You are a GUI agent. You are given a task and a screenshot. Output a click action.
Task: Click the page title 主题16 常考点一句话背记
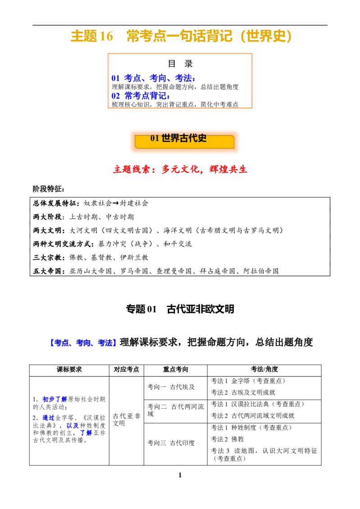[181, 36]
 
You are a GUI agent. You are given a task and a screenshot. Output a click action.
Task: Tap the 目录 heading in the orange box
[180, 64]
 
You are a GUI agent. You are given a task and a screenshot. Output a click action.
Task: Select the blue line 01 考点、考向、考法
[154, 78]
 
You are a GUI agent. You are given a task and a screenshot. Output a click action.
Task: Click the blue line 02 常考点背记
[141, 96]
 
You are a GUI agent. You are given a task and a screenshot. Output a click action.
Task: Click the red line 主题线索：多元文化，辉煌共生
[180, 169]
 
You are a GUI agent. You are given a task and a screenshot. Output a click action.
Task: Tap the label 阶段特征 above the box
[49, 189]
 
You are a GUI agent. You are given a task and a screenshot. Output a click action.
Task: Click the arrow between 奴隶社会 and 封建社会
[115, 204]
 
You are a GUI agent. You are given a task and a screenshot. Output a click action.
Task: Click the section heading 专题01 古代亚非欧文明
[180, 309]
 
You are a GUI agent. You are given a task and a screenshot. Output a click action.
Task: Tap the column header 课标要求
[69, 370]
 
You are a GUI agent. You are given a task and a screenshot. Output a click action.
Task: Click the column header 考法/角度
[264, 370]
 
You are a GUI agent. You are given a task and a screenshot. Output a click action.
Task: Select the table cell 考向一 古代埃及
[171, 387]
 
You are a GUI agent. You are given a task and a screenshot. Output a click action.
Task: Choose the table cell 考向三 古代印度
[171, 443]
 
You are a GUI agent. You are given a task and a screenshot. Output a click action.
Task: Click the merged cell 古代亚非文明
[126, 420]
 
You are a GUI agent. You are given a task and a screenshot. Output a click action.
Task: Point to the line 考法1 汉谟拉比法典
[258, 404]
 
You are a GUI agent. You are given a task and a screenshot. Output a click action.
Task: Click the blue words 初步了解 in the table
[54, 399]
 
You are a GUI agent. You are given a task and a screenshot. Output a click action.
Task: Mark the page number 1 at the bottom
[180, 475]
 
